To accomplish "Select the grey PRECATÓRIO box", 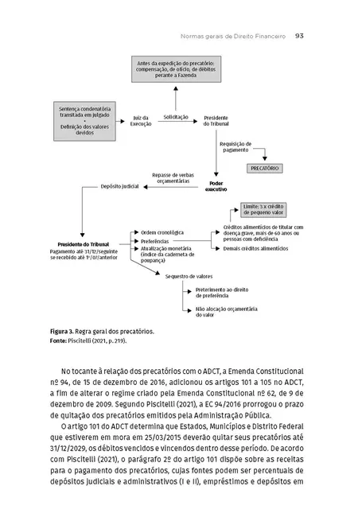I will tap(265, 169).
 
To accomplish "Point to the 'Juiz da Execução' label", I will tap(141, 121).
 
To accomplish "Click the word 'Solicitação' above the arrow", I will tap(176, 117).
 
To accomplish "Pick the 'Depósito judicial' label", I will tap(119, 189).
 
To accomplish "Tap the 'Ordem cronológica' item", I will tap(162, 232).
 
